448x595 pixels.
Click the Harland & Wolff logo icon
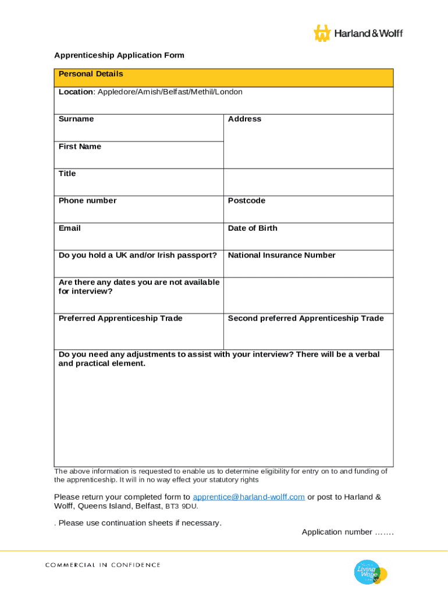(x=322, y=33)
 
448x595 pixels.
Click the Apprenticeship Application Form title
(x=119, y=55)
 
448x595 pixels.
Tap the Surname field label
(x=76, y=119)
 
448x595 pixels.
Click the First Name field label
(x=80, y=146)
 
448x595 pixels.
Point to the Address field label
(x=244, y=119)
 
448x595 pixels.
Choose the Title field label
(x=67, y=174)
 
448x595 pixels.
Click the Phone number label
(x=87, y=201)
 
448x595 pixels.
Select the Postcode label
(x=247, y=201)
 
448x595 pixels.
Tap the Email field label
(x=70, y=228)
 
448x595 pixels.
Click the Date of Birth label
(x=253, y=228)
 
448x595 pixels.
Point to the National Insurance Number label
(x=282, y=255)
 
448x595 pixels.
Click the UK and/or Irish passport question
(x=138, y=255)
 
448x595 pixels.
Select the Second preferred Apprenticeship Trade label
(x=305, y=318)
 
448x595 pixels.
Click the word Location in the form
(x=76, y=92)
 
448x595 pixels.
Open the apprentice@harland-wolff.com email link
(x=248, y=497)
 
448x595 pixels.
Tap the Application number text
(x=347, y=532)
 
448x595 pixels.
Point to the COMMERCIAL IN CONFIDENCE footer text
(x=103, y=565)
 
